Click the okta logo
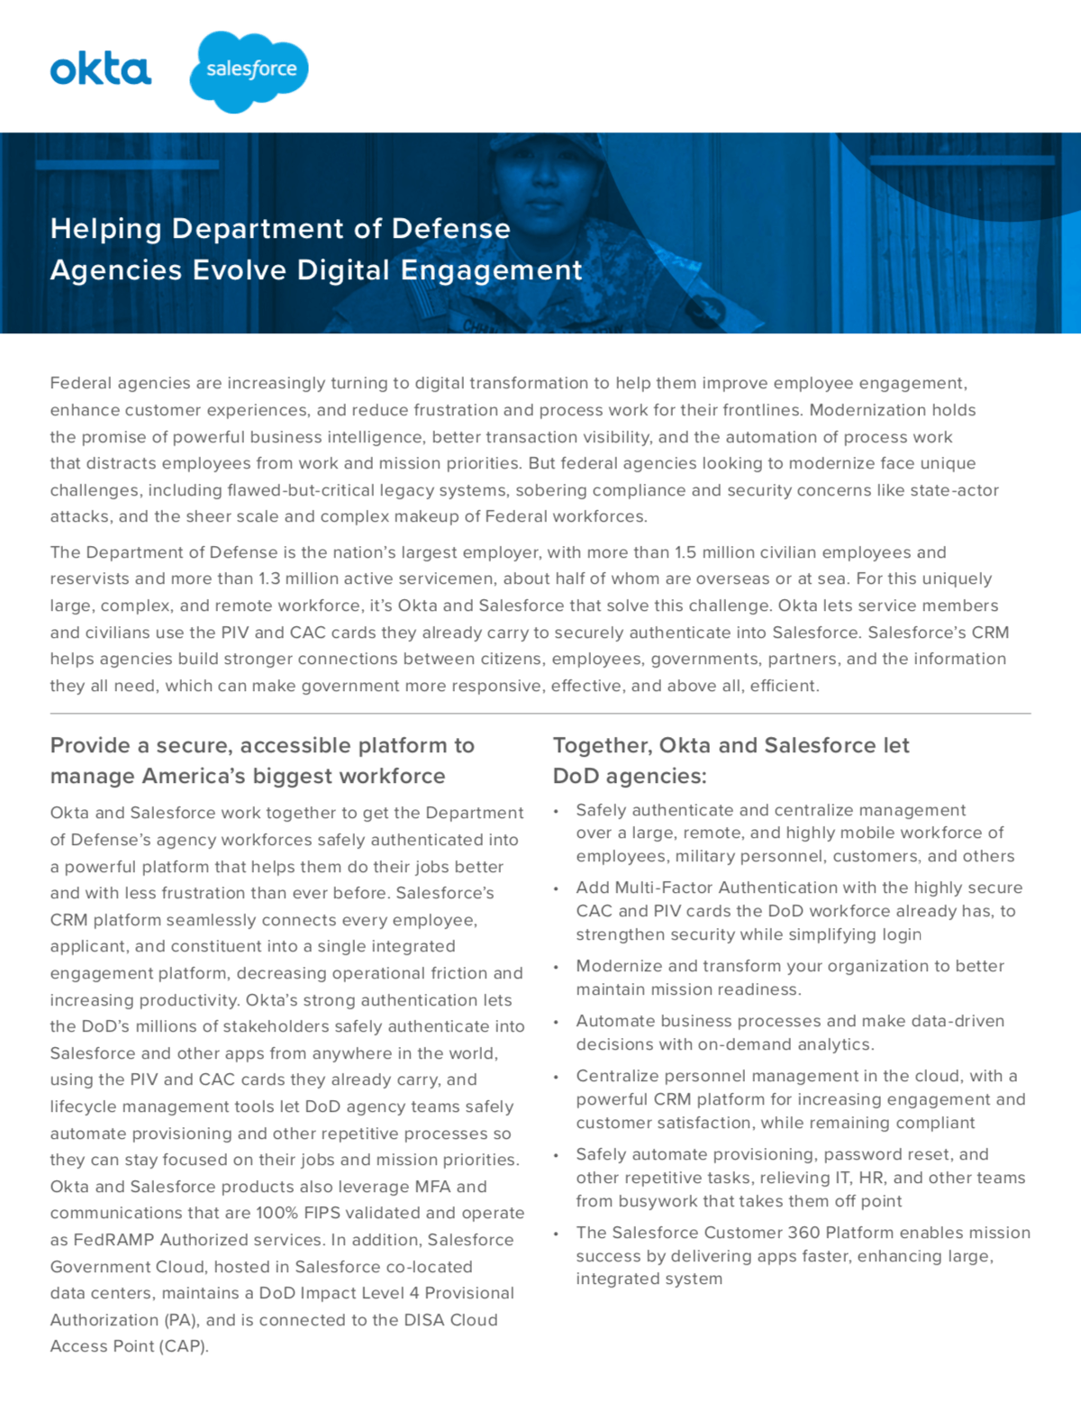pos(100,69)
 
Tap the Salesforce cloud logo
pos(250,70)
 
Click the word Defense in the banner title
pos(450,229)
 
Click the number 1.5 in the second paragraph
pos(686,552)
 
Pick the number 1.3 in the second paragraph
pos(269,578)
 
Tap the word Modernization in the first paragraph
pos(866,410)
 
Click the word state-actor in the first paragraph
pos(955,490)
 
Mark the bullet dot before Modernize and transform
pos(557,967)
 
